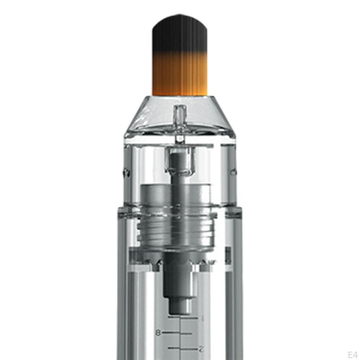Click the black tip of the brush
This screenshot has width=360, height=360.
click(x=180, y=34)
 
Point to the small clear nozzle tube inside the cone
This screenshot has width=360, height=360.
click(x=180, y=122)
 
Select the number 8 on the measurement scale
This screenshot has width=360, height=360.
click(x=158, y=333)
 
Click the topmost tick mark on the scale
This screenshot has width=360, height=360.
click(x=183, y=318)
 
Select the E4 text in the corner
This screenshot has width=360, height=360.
click(x=352, y=354)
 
